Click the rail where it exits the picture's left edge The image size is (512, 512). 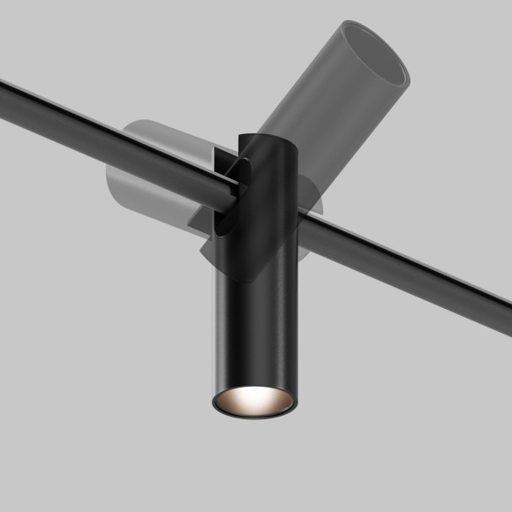[5, 87]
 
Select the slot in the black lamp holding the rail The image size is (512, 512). [227, 181]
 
